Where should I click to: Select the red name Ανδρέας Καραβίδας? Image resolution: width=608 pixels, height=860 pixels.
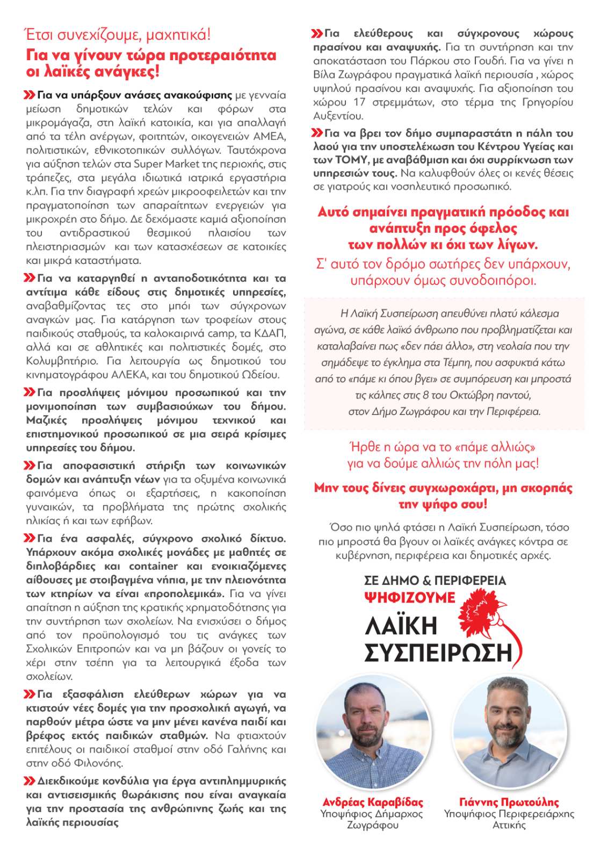point(372,802)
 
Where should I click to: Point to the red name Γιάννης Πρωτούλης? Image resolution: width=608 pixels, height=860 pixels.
point(509,802)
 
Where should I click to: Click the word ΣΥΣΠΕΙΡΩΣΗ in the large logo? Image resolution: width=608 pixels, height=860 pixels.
point(438,653)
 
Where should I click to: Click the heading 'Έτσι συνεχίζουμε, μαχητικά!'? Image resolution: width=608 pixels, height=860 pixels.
point(118,35)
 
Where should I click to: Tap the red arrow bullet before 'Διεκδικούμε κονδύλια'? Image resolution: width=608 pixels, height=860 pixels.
point(30,780)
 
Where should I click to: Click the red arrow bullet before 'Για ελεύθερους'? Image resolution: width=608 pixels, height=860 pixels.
point(317,34)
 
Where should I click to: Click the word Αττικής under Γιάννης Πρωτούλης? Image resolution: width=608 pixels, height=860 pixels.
point(509,825)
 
